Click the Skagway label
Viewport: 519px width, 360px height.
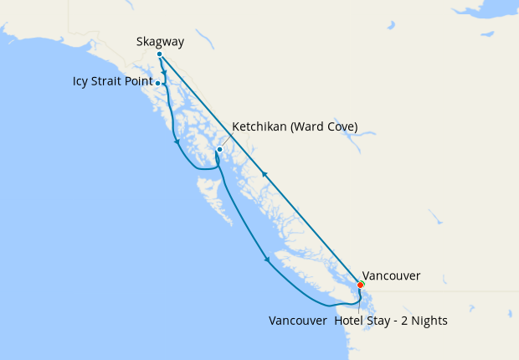[160, 41]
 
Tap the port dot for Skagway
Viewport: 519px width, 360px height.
[159, 54]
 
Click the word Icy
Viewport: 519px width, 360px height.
[80, 82]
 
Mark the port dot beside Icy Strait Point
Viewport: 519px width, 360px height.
[158, 84]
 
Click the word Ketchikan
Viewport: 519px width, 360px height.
[259, 126]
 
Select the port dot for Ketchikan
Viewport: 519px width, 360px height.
[218, 150]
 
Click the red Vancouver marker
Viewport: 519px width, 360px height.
[361, 285]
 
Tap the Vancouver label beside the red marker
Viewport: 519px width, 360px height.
[392, 275]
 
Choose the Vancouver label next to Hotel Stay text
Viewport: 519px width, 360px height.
[297, 321]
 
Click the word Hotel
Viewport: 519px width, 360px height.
[349, 321]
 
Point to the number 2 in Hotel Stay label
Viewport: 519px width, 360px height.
[407, 321]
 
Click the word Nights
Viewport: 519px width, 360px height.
[430, 321]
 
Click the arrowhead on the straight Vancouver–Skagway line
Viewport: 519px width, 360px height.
[265, 173]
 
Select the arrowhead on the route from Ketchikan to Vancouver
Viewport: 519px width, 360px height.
[267, 260]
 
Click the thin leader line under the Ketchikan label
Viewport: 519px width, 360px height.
[224, 141]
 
